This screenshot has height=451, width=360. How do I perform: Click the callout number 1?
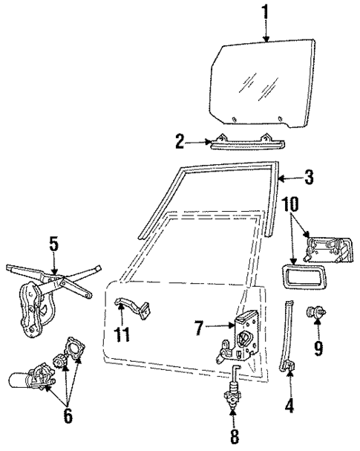click(x=265, y=13)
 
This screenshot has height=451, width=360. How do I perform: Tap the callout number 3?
click(x=308, y=178)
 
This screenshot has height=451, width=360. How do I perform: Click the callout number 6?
click(x=68, y=415)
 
